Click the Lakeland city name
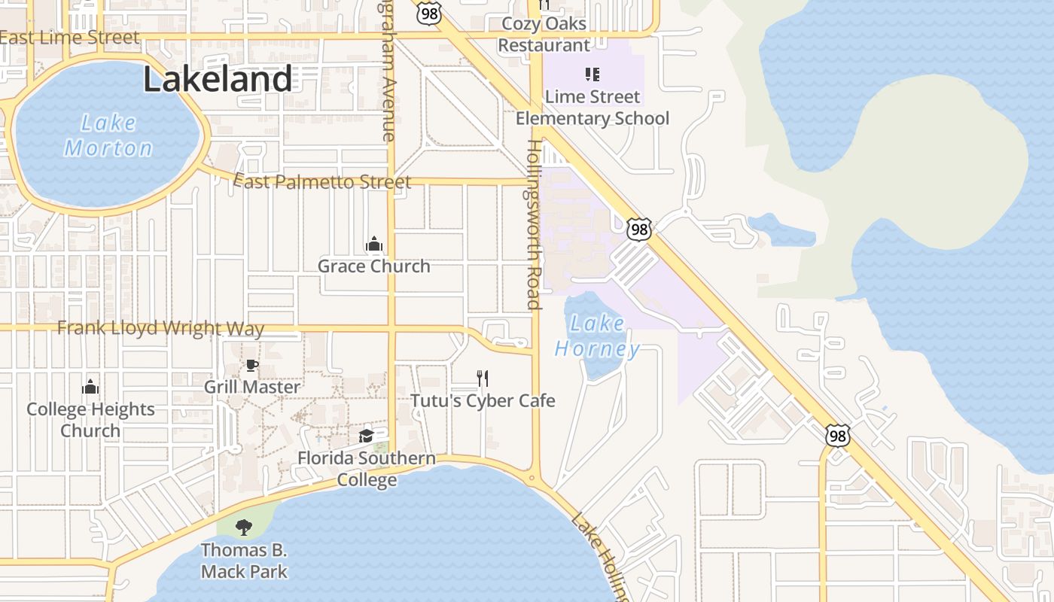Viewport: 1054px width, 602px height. pos(218,79)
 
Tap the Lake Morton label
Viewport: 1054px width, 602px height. pos(108,135)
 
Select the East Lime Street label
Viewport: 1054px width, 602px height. pos(70,37)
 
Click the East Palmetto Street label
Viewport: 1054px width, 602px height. pos(323,181)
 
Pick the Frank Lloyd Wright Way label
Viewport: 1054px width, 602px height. pos(161,328)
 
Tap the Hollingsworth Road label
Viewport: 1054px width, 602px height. pos(534,224)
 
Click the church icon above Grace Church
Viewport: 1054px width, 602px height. pos(374,244)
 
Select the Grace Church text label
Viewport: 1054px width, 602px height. pos(374,266)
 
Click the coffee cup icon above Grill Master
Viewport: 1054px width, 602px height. pos(252,366)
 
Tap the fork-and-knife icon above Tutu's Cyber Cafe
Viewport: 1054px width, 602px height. pos(483,378)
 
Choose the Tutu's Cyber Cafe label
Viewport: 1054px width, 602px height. pos(483,400)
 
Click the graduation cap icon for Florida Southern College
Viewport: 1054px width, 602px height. pos(366,436)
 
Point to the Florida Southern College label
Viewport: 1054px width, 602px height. pos(367,469)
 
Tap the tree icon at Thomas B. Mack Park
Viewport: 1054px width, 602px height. pos(243,527)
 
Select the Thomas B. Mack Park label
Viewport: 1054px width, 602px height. pos(244,561)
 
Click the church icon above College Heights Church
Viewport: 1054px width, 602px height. pos(90,387)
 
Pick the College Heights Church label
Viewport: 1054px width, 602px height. pos(90,420)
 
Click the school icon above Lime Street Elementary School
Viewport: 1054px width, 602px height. pos(592,74)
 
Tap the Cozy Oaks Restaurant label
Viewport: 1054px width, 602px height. pos(544,35)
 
